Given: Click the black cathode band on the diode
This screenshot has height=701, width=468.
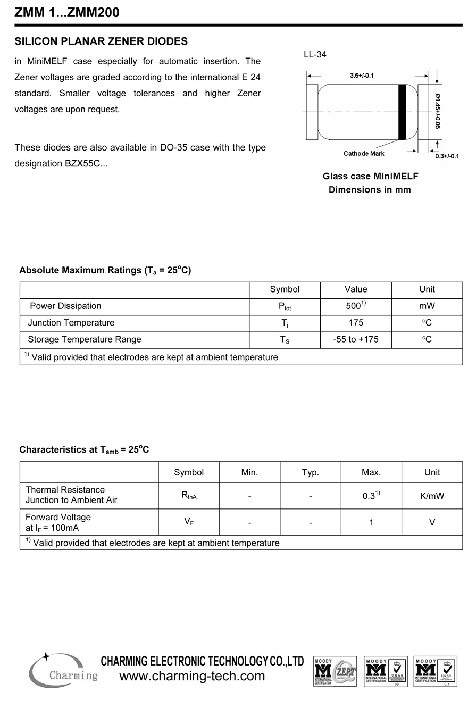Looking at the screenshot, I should (402, 112).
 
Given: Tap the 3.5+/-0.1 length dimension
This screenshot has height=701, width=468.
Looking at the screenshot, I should (362, 76).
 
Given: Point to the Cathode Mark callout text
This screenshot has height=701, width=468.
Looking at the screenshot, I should (364, 154).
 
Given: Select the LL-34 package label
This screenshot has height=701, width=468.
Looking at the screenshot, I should (315, 54).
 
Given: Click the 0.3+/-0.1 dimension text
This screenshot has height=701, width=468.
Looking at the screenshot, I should (447, 156).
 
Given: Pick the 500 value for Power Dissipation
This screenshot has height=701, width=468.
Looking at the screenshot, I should (355, 306).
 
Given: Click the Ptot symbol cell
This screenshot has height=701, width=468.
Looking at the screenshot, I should (285, 306).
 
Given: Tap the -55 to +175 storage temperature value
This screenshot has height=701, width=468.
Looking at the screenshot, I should (355, 339).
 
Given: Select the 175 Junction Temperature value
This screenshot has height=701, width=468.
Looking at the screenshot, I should (355, 323).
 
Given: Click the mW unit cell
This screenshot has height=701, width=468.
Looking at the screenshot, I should (427, 306).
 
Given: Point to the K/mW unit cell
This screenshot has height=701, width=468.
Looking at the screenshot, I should (432, 496).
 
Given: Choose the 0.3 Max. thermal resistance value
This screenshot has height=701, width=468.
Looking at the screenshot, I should (371, 496).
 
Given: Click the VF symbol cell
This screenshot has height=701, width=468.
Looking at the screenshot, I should (189, 522).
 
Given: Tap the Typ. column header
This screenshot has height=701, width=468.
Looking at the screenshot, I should (310, 472).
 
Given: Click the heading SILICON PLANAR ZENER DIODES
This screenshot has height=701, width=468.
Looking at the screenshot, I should (101, 41).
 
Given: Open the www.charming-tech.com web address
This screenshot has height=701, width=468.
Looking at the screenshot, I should (192, 676).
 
